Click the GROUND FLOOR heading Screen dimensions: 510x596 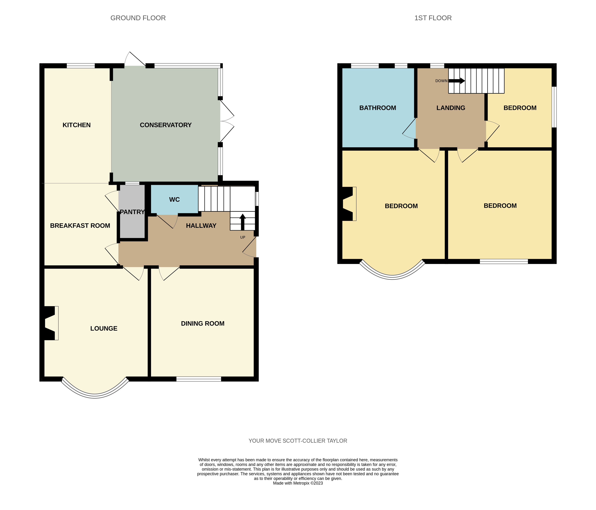[138, 18]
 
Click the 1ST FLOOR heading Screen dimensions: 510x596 [433, 18]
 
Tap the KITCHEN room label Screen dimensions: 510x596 [76, 125]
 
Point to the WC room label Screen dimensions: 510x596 [174, 200]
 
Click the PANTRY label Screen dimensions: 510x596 [132, 212]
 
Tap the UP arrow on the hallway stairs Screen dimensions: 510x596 [243, 222]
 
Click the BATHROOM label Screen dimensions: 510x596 [377, 108]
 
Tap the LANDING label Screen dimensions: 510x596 [451, 108]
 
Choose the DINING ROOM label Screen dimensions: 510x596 [203, 323]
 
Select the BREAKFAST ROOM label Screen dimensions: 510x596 [80, 225]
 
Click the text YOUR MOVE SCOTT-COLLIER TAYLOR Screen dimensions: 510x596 [298, 441]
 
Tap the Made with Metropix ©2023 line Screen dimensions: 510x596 [298, 483]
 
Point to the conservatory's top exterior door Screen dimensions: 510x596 [135, 59]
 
